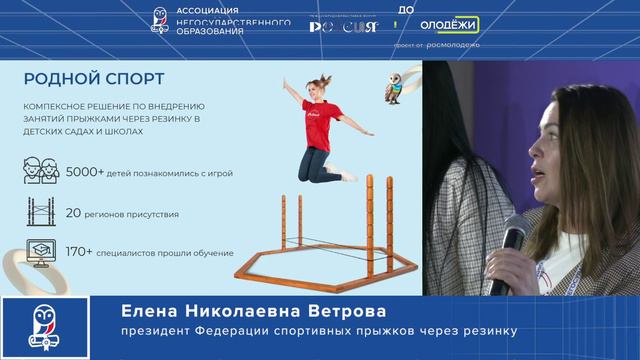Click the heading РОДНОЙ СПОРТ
pos(93,78)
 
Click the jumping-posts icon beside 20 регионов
pos(39,212)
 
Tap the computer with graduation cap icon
pos(39,251)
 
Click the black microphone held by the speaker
pos(512,240)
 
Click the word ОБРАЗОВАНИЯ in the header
pos(211,32)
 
